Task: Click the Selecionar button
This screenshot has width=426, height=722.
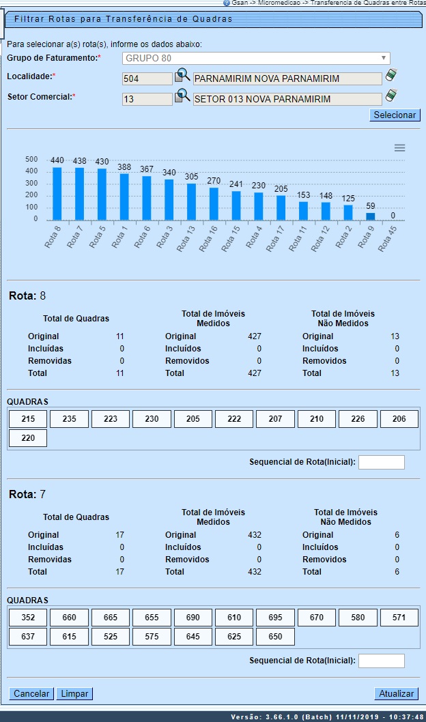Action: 395,115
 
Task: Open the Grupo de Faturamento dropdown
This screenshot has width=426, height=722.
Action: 256,58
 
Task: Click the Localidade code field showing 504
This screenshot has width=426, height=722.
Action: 147,78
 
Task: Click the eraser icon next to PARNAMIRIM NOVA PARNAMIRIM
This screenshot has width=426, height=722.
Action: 391,75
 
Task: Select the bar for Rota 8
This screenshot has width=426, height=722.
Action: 57,193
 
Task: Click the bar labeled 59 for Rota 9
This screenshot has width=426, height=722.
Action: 370,216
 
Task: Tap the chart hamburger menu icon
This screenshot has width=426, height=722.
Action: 400,148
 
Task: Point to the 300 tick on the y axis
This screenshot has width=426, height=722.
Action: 31,184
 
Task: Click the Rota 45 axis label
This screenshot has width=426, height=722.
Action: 387,239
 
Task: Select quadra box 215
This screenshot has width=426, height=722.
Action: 28,419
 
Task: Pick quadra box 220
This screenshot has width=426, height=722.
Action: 28,438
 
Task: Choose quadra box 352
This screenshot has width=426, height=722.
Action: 28,618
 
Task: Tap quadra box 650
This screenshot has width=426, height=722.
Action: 275,637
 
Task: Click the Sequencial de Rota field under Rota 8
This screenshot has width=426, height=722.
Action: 381,463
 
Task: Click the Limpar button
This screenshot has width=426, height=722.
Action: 74,693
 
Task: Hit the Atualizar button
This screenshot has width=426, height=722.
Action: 396,693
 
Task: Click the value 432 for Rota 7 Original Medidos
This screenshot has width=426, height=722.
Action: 254,535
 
